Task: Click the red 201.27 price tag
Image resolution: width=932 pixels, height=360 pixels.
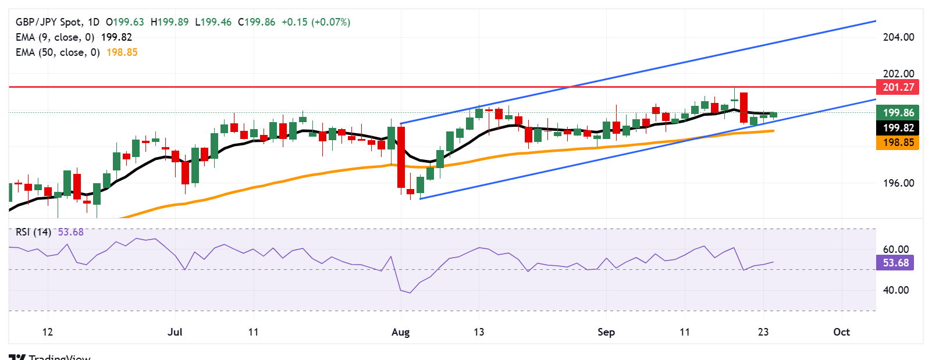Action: tap(898, 87)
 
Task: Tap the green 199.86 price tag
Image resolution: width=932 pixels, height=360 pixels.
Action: tap(898, 113)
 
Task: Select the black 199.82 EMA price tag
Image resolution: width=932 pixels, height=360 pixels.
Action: tap(898, 128)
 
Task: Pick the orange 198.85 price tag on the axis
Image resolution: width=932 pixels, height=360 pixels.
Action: tap(898, 142)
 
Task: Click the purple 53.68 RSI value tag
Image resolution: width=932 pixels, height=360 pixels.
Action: tap(895, 263)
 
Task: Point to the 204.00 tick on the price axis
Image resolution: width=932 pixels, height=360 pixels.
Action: tap(898, 37)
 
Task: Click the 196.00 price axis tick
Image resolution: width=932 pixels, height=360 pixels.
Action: tap(898, 183)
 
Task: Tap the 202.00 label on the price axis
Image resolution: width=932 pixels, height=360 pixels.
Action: tap(898, 74)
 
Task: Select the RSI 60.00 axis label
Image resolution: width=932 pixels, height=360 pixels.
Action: tap(895, 249)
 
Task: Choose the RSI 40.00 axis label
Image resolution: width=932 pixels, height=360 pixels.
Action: tap(895, 290)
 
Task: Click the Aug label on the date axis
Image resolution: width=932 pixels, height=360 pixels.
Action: tap(400, 332)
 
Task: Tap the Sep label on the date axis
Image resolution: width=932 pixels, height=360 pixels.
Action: tap(606, 332)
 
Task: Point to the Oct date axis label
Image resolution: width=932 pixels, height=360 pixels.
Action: tap(841, 332)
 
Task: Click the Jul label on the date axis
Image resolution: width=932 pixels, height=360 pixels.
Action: tap(175, 332)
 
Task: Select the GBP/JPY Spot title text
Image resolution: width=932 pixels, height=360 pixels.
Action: tap(49, 22)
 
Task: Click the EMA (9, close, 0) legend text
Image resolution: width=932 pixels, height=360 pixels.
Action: tap(55, 37)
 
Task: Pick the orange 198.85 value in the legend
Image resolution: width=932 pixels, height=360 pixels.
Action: tap(122, 52)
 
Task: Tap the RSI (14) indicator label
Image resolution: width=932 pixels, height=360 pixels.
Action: tap(33, 232)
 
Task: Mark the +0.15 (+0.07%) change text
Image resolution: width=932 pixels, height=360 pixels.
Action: tap(316, 22)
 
